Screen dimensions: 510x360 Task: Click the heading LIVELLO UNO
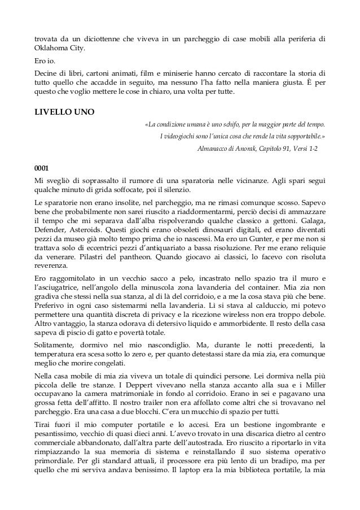point(64,111)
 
